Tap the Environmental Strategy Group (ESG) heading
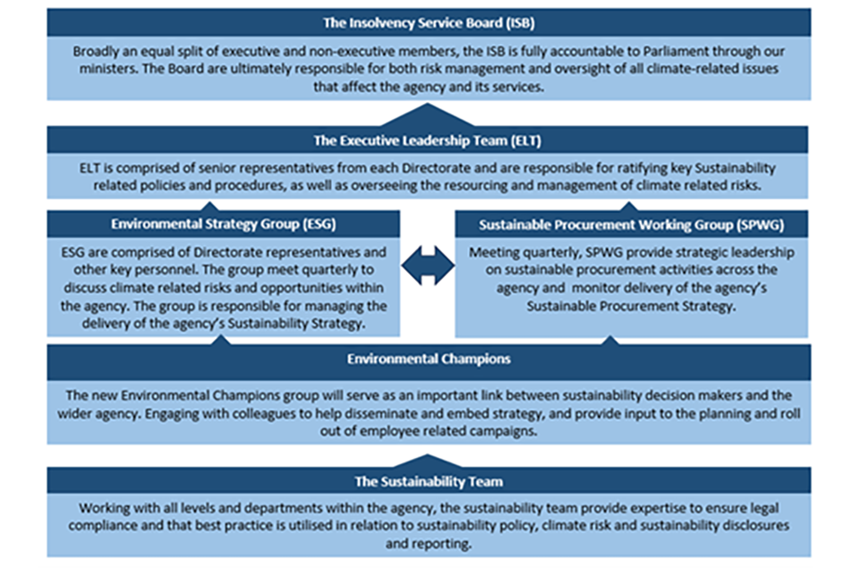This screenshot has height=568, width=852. point(223,224)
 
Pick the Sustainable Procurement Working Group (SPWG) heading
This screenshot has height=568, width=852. point(631,224)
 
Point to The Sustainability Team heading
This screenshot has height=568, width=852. point(429,481)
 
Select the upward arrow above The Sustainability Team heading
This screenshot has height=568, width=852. point(428,462)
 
